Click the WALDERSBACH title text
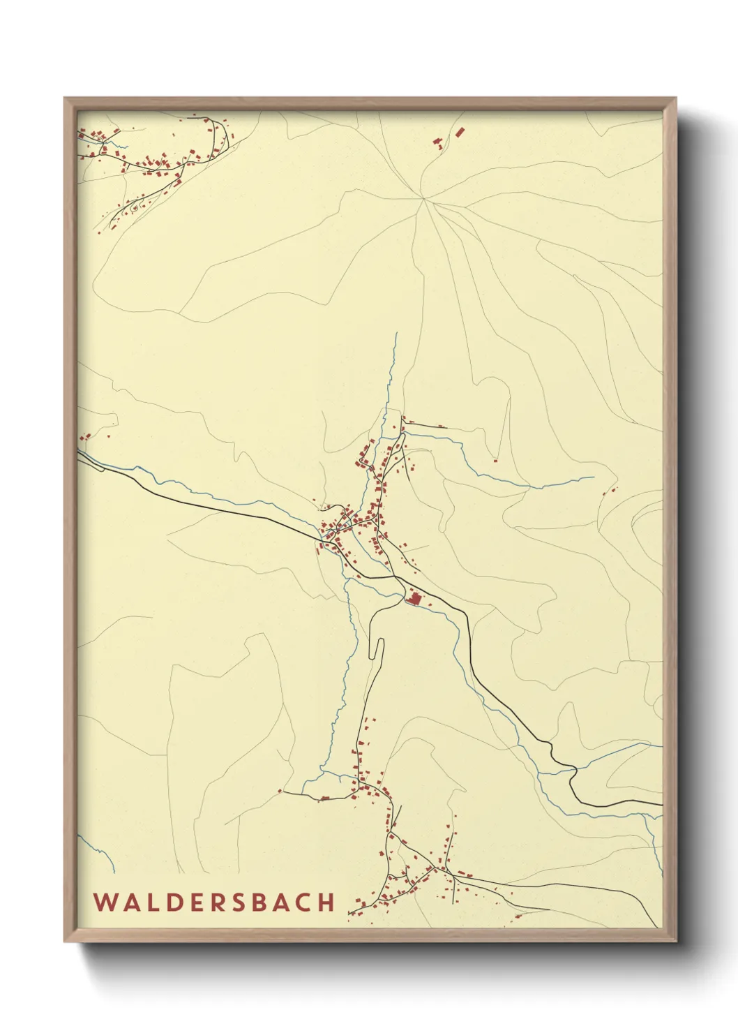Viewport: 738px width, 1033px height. pyautogui.click(x=214, y=902)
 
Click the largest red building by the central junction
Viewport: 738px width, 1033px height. pyautogui.click(x=414, y=599)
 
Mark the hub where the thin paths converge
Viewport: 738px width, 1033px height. pyautogui.click(x=423, y=199)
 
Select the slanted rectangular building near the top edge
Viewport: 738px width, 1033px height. pyautogui.click(x=460, y=131)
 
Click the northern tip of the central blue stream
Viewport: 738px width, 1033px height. pyautogui.click(x=396, y=334)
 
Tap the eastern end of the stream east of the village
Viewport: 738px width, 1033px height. pyautogui.click(x=594, y=477)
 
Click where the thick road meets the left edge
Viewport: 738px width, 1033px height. pyautogui.click(x=78, y=453)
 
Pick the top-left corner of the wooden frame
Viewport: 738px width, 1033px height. pyautogui.click(x=65, y=98)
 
